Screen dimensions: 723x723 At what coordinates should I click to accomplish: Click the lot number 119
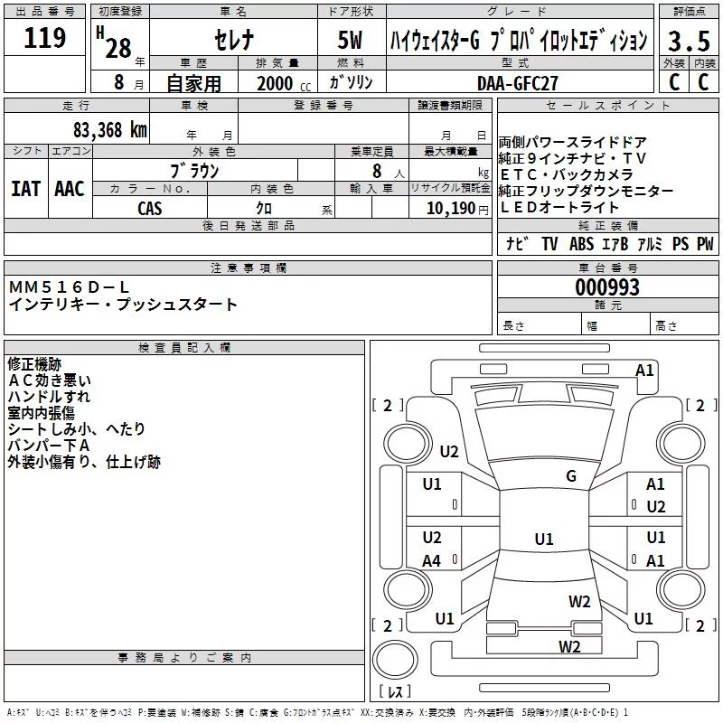pos(44,37)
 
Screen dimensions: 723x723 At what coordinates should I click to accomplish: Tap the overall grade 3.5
pos(689,41)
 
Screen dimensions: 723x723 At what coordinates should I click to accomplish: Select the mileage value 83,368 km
pos(110,130)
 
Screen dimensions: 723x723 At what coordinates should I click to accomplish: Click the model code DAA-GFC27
pos(517,83)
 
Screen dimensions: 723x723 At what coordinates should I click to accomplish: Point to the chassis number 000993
pos(607,287)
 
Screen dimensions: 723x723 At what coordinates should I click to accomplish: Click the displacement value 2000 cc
pos(284,83)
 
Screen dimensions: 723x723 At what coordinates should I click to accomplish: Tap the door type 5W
pos(350,40)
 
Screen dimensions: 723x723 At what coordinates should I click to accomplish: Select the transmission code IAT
pos(25,189)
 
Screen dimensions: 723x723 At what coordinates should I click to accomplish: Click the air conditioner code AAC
pos(70,189)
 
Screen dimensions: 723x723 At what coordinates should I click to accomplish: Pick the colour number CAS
pos(150,209)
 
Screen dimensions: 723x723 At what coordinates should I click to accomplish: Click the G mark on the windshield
pos(571,475)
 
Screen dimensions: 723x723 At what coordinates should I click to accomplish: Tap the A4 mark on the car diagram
pos(432,560)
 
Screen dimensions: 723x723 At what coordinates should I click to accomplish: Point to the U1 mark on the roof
pos(544,539)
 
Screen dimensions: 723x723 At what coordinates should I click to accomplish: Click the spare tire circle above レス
pos(395,660)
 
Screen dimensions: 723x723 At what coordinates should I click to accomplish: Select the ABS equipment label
pos(581,243)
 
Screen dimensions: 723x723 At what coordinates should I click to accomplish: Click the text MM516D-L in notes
pos(70,287)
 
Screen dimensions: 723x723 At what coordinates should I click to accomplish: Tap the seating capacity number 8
pos(377,171)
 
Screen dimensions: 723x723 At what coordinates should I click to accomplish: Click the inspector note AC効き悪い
pos(50,380)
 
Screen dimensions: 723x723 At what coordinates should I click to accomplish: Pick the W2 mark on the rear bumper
pos(569,646)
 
